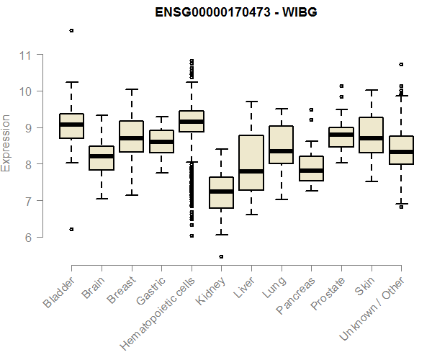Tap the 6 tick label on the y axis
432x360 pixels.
coord(30,237)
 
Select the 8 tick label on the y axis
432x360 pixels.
coord(30,164)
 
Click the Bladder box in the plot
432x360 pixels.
coord(71,126)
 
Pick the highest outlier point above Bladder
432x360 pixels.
coord(71,30)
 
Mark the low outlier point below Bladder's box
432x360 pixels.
coord(71,229)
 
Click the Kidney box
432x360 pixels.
coord(221,192)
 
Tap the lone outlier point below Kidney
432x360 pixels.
coord(221,256)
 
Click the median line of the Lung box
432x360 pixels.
coord(281,151)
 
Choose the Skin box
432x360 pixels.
coord(371,135)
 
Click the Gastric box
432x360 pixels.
coord(161,141)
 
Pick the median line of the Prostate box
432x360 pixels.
coord(341,135)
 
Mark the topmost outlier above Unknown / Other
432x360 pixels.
coord(401,64)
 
